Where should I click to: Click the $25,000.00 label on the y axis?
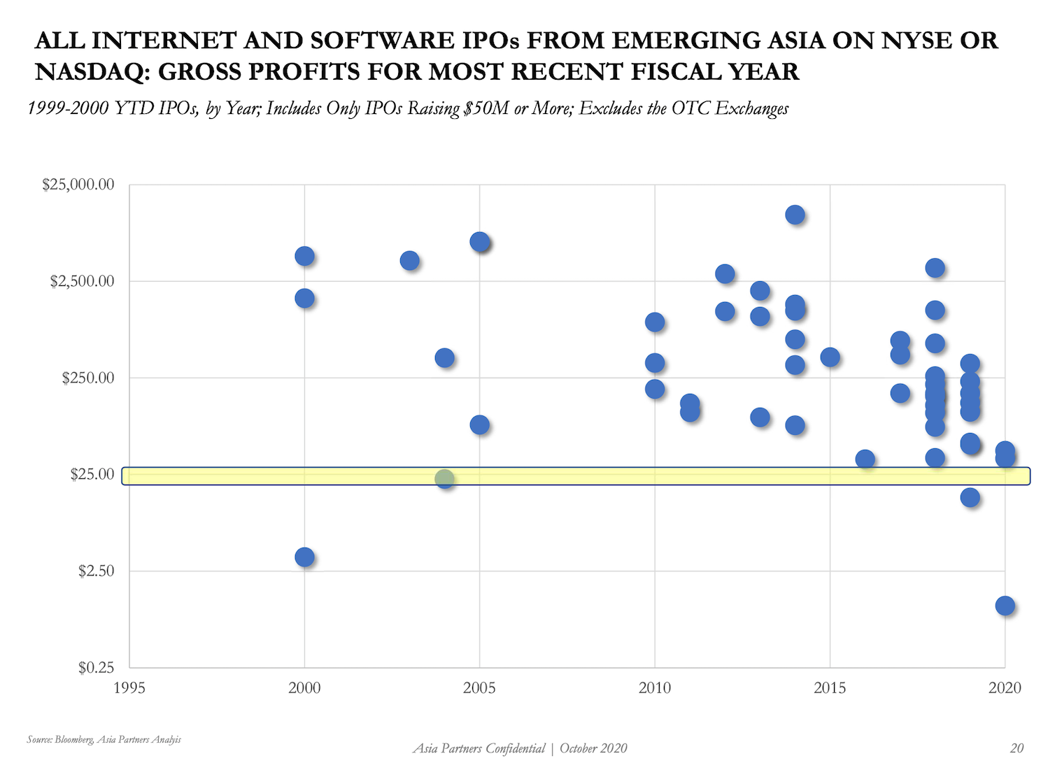point(78,185)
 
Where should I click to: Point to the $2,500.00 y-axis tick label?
point(81,282)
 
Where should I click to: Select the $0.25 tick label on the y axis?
point(96,668)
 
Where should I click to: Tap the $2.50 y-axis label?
point(96,571)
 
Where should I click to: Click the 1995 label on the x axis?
point(129,688)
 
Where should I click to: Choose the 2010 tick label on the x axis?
point(655,688)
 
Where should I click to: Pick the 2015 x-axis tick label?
point(830,688)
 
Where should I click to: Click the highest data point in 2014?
point(795,215)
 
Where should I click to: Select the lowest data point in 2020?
point(1005,606)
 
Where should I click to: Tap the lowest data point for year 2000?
point(304,557)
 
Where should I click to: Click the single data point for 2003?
point(409,261)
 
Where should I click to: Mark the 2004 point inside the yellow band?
point(444,478)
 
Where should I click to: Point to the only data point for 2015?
point(830,357)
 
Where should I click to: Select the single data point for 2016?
point(865,459)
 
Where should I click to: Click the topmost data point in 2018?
point(935,268)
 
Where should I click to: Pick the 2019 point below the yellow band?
point(970,498)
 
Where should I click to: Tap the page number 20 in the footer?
point(1017,748)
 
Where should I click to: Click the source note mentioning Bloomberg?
point(104,739)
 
